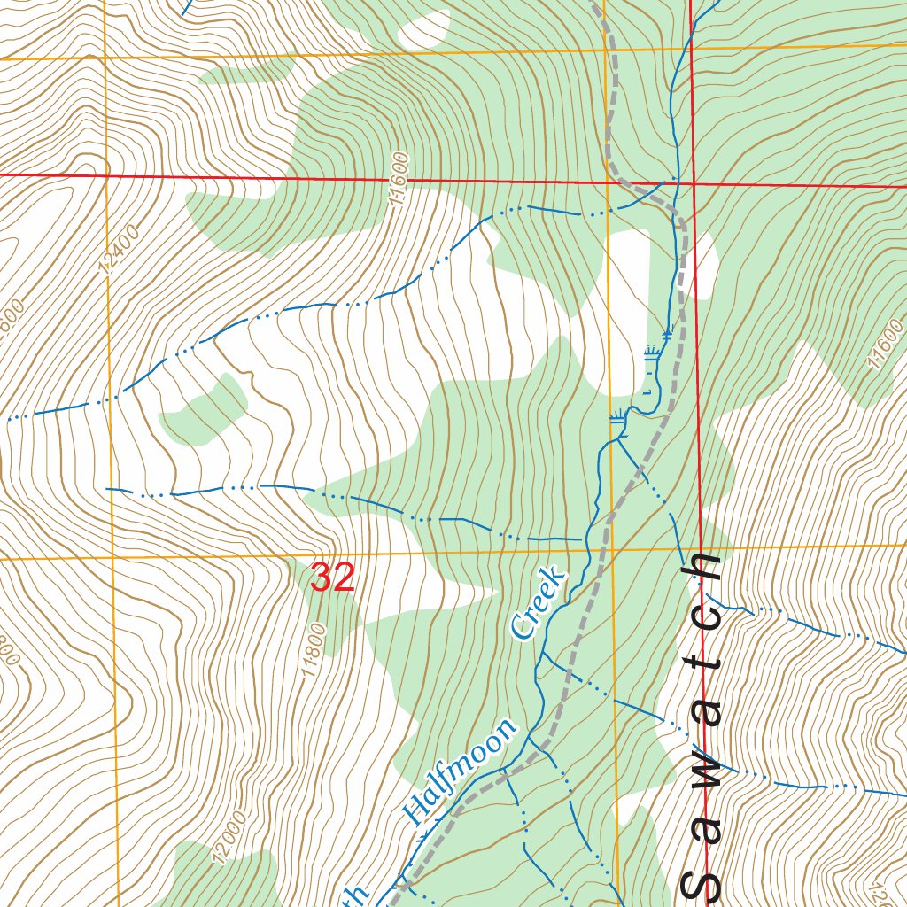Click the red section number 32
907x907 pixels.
[x=333, y=578]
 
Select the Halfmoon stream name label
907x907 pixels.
[x=459, y=772]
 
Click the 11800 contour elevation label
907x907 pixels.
[x=314, y=650]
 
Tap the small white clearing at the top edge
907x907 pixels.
[x=424, y=31]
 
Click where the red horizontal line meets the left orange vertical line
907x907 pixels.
[x=106, y=175]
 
